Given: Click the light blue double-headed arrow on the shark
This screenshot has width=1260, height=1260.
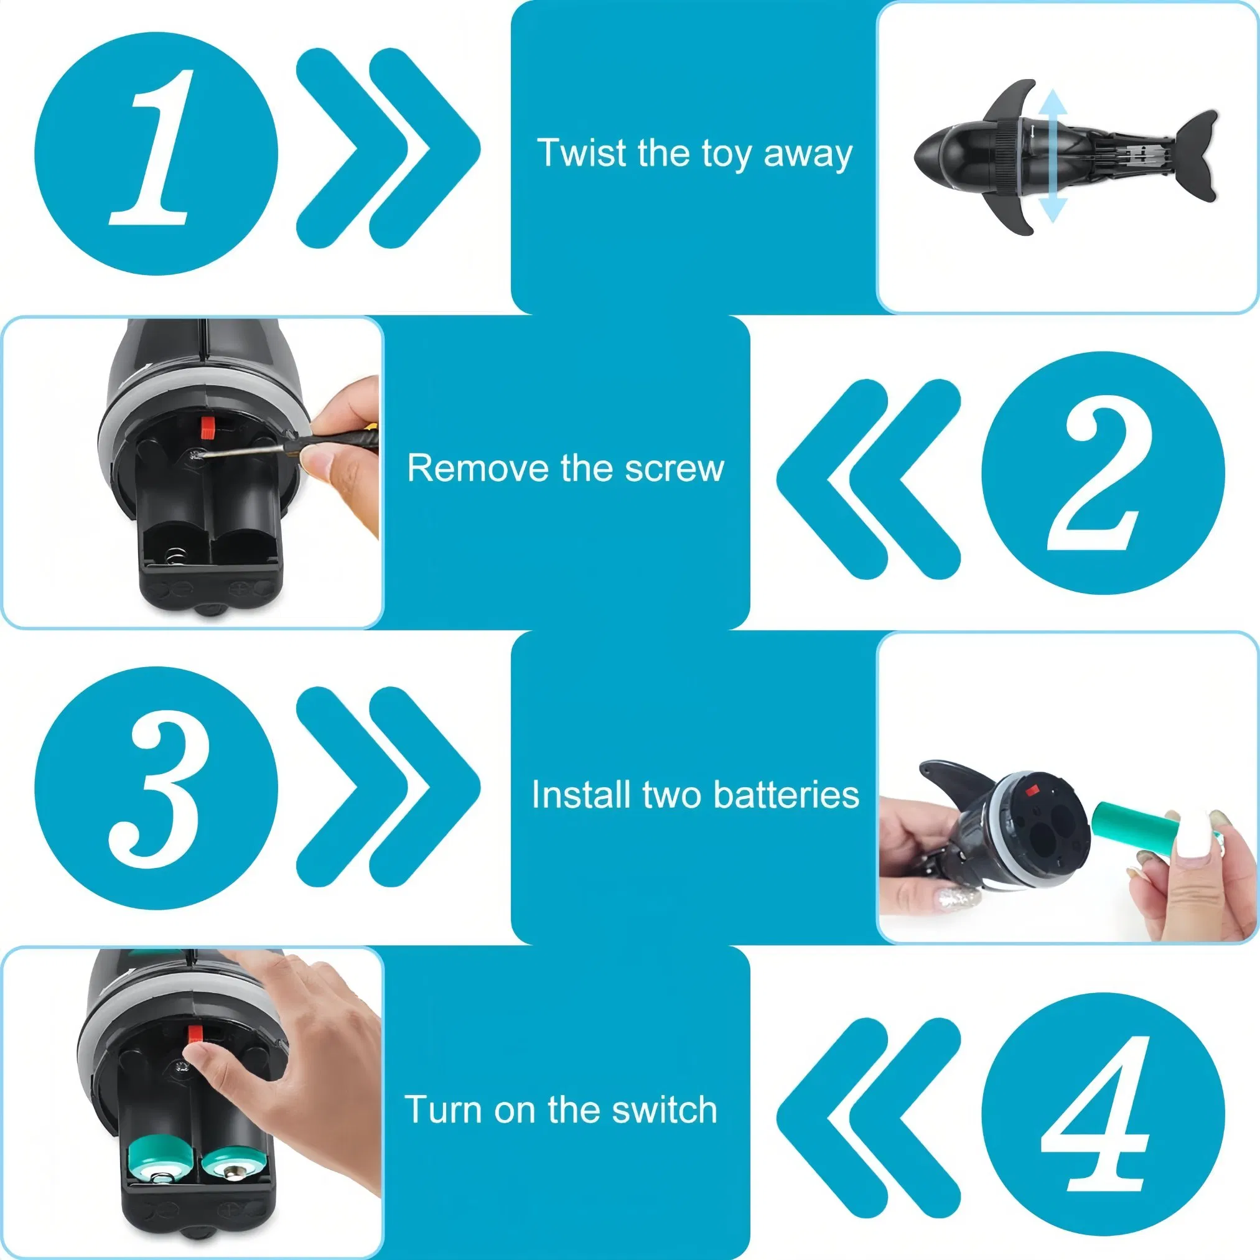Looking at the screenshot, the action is (1052, 156).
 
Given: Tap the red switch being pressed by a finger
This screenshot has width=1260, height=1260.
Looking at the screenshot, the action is (194, 1035).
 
